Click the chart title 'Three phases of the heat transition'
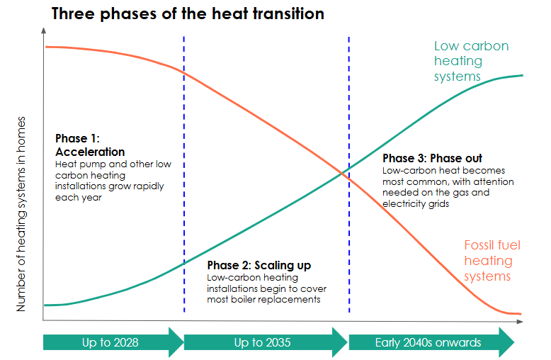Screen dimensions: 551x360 click(188, 14)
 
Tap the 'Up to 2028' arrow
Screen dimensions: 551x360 click(113, 342)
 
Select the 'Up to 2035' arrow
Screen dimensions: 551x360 click(266, 342)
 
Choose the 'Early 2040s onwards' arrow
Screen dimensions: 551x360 click(431, 342)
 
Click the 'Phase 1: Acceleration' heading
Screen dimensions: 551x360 click(90, 145)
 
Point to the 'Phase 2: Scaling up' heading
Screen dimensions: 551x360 click(259, 265)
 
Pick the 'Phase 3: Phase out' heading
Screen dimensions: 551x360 click(432, 158)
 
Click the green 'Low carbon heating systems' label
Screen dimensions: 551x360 click(471, 61)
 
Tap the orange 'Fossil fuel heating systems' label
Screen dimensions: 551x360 click(492, 261)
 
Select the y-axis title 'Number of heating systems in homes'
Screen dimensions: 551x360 click(21, 214)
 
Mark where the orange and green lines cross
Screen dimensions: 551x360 click(342, 173)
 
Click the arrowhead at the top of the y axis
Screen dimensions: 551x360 click(44, 30)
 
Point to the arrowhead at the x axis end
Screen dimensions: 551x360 click(520, 321)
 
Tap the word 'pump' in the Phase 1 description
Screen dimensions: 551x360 click(93, 164)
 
